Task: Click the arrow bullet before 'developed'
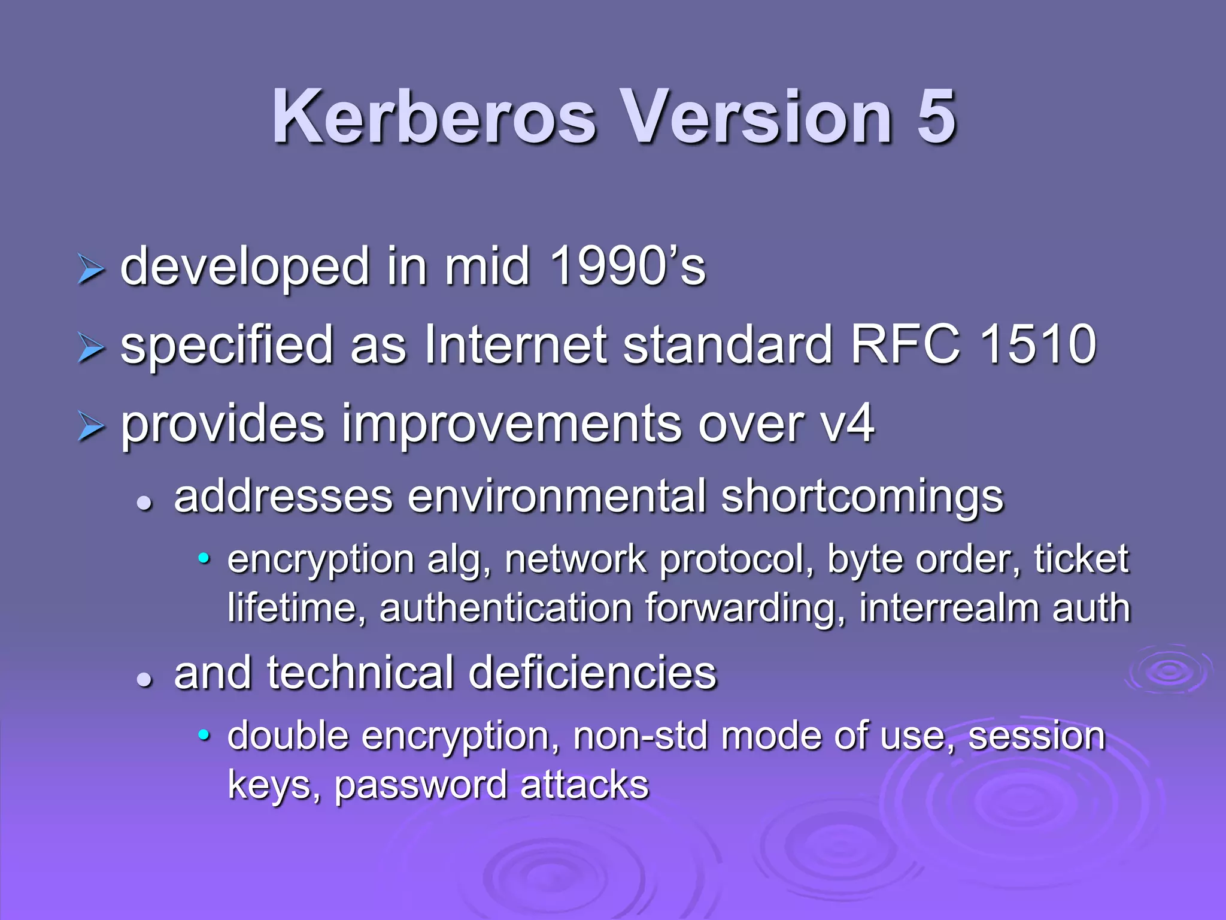pyautogui.click(x=91, y=269)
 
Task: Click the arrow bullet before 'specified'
pyautogui.click(x=91, y=347)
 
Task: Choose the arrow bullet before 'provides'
pyautogui.click(x=91, y=427)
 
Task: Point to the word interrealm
pyautogui.click(x=948, y=608)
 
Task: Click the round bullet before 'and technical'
pyautogui.click(x=144, y=679)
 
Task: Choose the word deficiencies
pyautogui.click(x=593, y=673)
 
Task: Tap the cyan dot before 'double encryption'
pyautogui.click(x=204, y=735)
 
